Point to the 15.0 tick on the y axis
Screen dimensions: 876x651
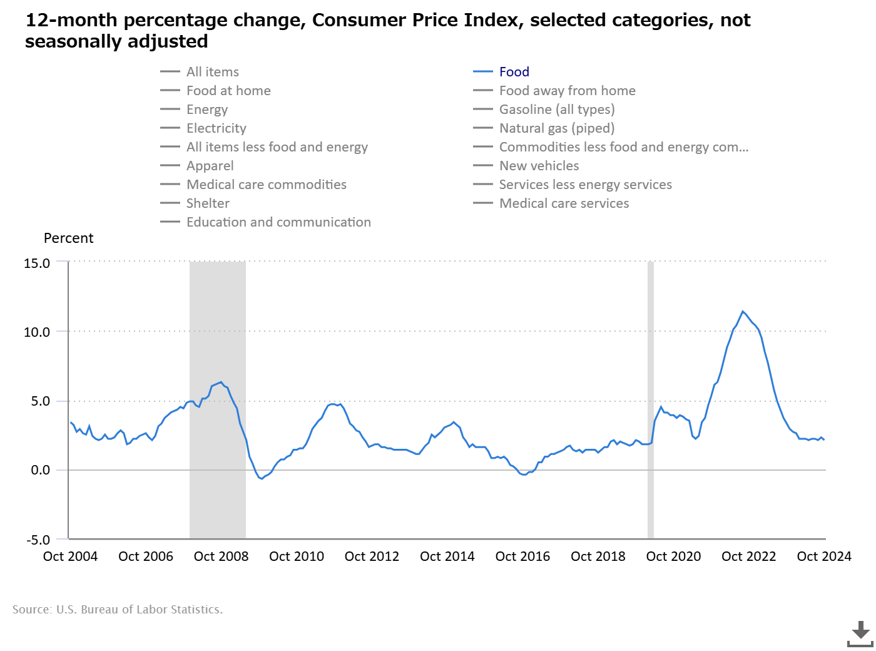click(x=37, y=264)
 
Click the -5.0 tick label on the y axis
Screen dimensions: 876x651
click(x=38, y=540)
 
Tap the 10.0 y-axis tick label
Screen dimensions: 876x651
click(x=37, y=332)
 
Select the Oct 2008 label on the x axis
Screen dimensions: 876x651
click(x=221, y=556)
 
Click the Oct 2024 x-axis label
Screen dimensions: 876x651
click(x=824, y=556)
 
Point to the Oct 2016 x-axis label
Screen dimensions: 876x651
click(x=522, y=556)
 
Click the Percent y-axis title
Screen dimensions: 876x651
click(x=68, y=238)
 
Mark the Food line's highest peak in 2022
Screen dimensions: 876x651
click(x=743, y=312)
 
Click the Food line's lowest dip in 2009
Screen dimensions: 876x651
click(x=262, y=479)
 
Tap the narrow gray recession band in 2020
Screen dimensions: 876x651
click(x=651, y=399)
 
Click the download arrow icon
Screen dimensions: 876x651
click(x=860, y=633)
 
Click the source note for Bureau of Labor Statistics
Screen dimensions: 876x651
click(x=118, y=610)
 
